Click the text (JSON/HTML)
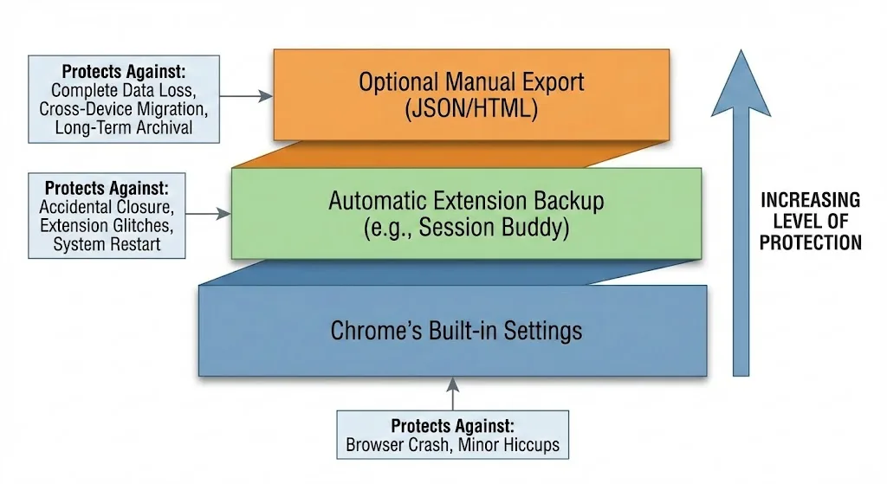471,109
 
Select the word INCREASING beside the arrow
810,200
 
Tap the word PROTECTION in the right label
810,242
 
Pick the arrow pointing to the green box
208,212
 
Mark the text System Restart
107,244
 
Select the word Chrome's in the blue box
370,330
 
